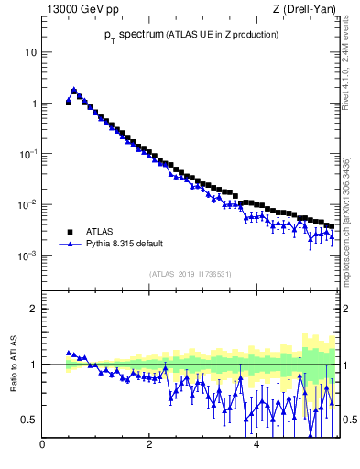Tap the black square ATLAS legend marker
coord(70,232)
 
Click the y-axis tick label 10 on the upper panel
coord(30,52)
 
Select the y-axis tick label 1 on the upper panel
coord(33,104)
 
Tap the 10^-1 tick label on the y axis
coord(28,154)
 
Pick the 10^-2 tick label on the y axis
coord(28,204)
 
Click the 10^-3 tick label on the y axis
coord(28,256)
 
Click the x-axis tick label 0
coord(42,446)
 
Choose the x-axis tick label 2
coord(149,446)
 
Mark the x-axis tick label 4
coord(256,446)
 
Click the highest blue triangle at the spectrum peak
coord(74,90)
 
